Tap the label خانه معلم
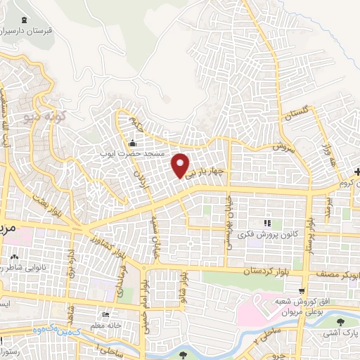point(120,315)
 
